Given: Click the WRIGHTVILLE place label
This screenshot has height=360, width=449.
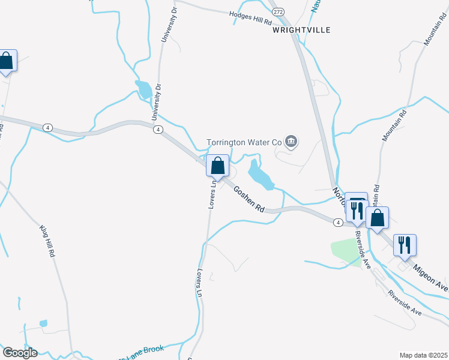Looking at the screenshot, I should coord(301,29).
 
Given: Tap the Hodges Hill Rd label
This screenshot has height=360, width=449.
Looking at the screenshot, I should coord(252,18).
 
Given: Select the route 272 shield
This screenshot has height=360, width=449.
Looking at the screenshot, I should coord(277,11).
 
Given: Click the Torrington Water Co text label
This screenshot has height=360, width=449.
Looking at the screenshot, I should coord(244,143).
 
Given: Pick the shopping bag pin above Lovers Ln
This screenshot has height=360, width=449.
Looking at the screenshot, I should coord(217,166).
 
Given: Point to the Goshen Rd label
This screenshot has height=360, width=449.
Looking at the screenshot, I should coord(249,199).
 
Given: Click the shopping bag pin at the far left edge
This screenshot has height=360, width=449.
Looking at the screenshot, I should coord(7,61).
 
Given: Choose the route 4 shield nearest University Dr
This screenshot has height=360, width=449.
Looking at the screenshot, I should coord(157,129).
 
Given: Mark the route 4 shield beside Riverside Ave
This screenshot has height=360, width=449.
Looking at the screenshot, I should coord(339,223).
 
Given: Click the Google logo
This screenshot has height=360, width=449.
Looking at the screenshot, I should coord(20,352).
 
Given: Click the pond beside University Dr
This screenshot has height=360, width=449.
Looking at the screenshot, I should coord(145,89).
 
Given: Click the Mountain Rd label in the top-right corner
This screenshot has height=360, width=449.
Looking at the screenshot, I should coord(431,37).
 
